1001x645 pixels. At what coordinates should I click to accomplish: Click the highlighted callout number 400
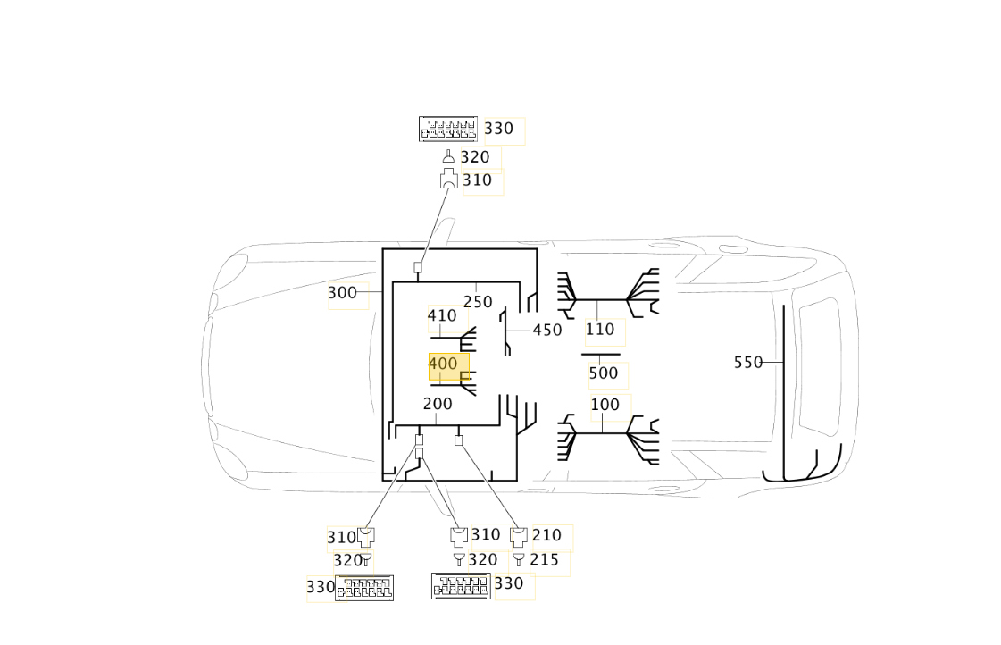(x=443, y=364)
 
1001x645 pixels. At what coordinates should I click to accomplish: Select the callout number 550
(x=748, y=363)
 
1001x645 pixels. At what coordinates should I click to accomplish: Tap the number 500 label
(x=604, y=373)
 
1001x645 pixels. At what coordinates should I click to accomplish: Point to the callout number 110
(x=600, y=330)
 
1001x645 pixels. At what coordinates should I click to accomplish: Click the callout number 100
(x=605, y=405)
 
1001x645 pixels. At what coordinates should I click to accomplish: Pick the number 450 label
(x=547, y=331)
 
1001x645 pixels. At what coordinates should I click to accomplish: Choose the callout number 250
(x=478, y=302)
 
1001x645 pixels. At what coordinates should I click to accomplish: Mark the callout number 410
(x=442, y=315)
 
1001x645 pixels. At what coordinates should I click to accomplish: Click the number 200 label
(x=438, y=405)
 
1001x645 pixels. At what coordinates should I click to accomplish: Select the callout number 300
(x=342, y=293)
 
